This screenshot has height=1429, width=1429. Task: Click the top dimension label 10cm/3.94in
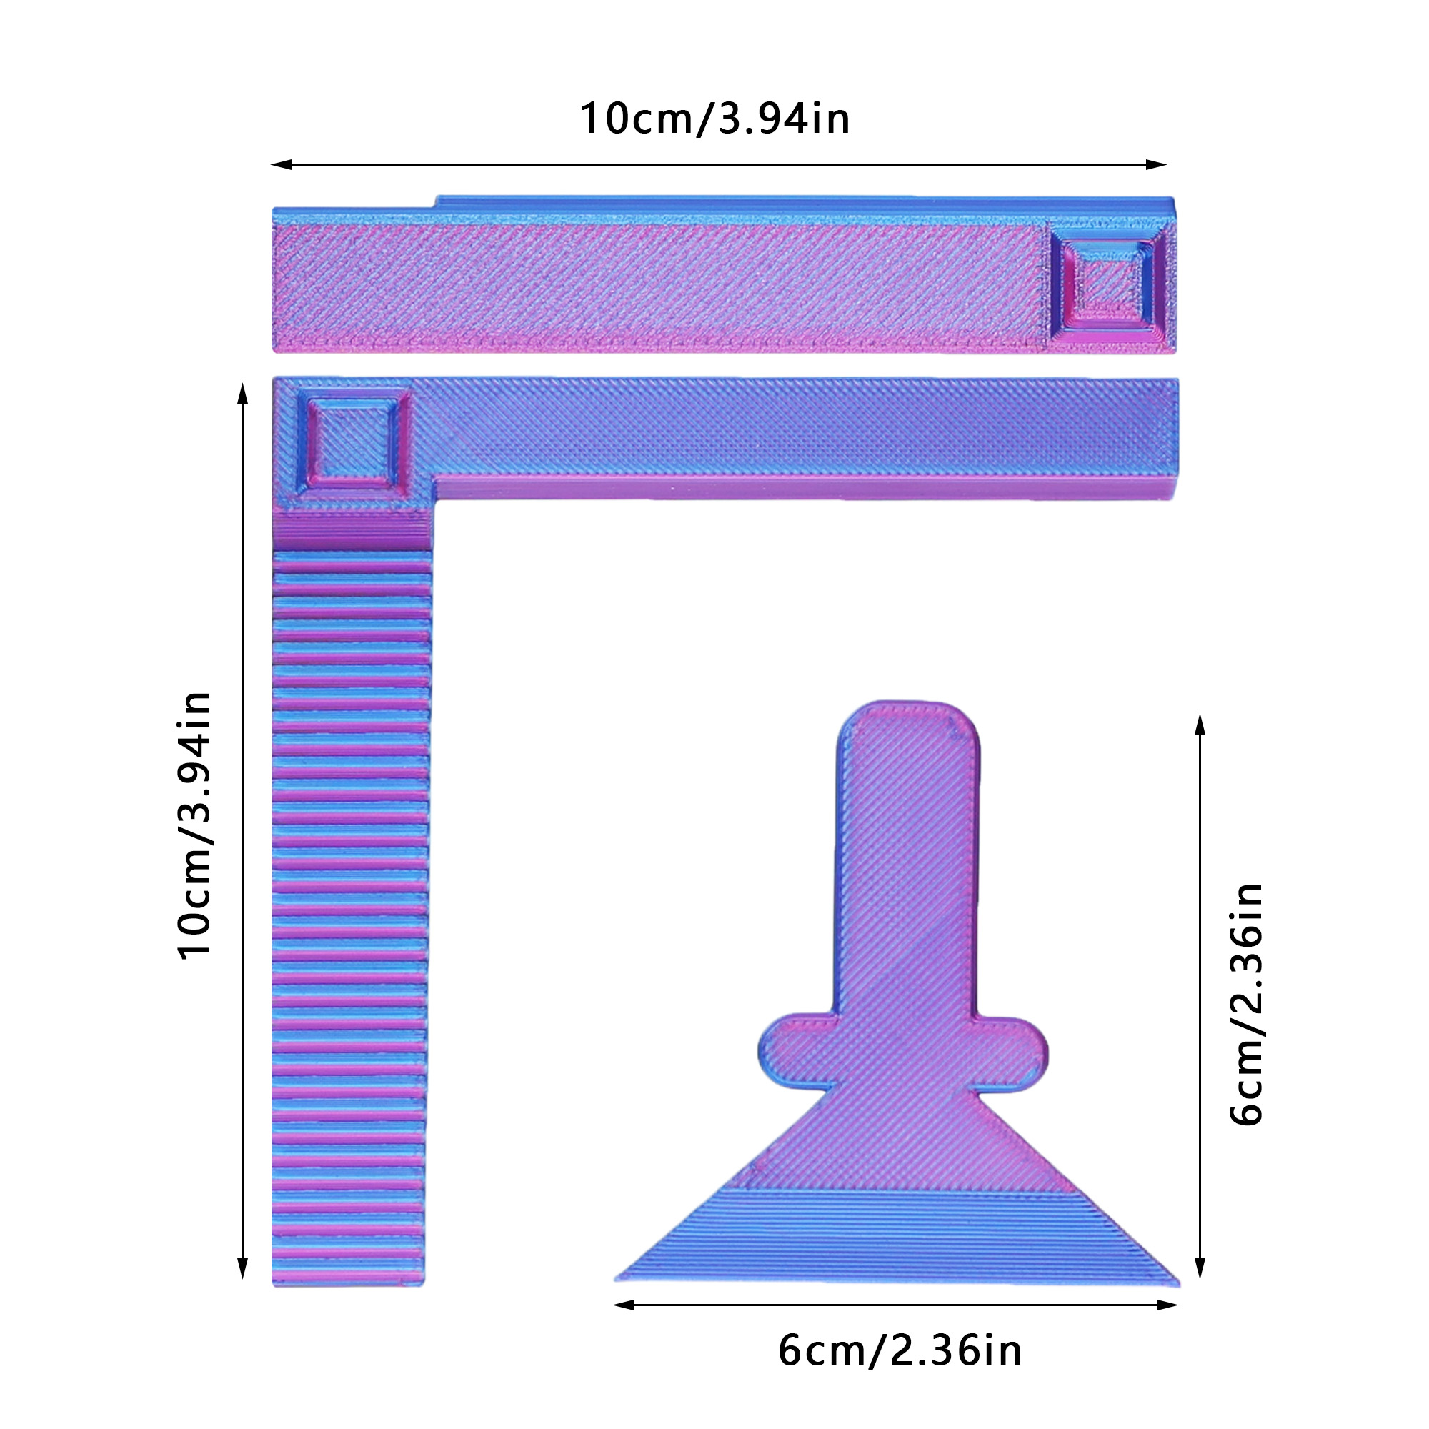point(714,119)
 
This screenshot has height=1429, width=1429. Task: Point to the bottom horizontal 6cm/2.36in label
point(900,1350)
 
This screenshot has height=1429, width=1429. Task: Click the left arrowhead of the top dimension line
point(281,164)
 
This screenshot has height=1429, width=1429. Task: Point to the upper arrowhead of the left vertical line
point(242,394)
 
